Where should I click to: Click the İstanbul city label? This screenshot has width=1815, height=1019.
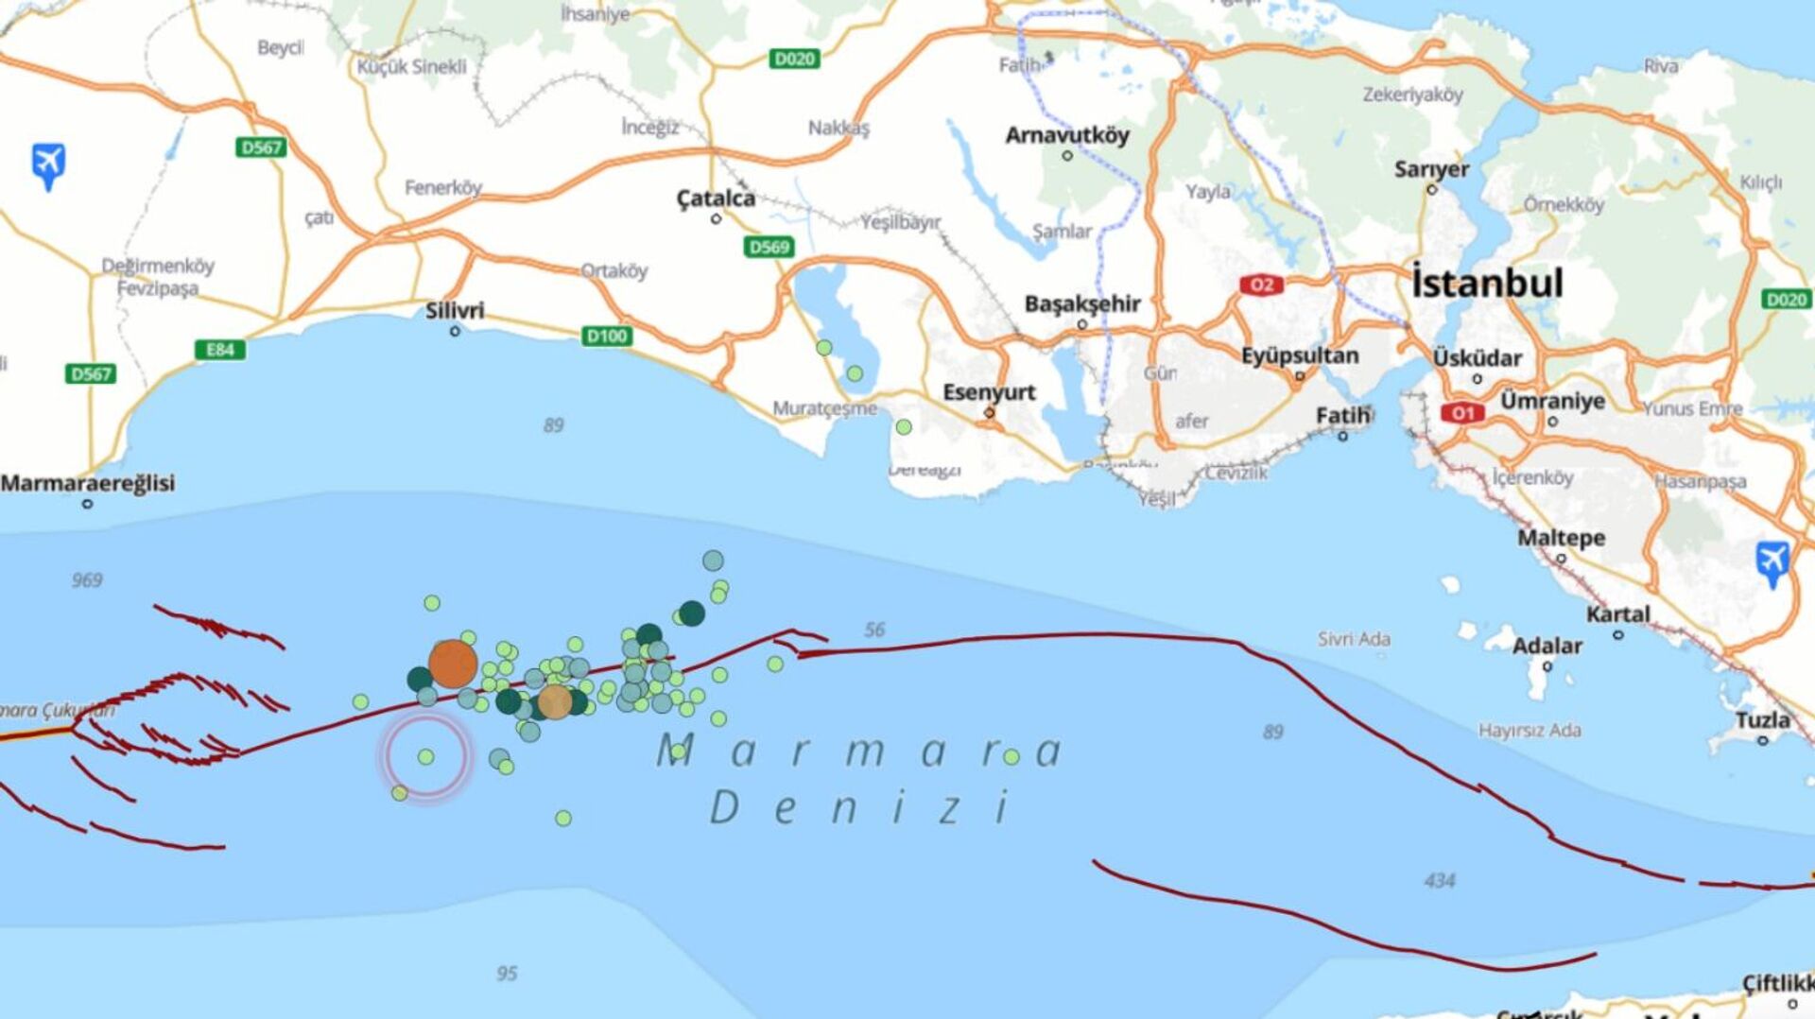(1487, 283)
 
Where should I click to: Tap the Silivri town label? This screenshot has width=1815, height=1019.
(455, 311)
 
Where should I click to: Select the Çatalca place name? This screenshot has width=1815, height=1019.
(716, 199)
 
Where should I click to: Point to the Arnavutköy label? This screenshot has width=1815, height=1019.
(1067, 135)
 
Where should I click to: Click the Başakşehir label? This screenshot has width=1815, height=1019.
(1082, 303)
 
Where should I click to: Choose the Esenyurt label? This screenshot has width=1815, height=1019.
(989, 391)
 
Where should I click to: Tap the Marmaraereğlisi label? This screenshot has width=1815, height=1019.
(88, 483)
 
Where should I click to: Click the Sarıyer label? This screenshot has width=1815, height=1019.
(1431, 169)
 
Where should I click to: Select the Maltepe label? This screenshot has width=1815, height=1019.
(1561, 538)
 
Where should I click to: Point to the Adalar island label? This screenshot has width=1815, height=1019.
(1547, 647)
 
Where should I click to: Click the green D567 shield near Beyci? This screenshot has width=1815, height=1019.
(261, 147)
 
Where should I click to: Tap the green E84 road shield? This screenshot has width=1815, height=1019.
(219, 350)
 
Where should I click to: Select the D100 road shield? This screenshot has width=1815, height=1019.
(606, 336)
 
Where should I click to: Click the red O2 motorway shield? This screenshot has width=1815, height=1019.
(1262, 285)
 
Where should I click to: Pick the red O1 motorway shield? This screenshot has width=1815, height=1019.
(1462, 412)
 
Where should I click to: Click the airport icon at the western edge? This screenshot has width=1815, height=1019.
(48, 164)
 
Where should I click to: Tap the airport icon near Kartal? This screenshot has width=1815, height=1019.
(1772, 561)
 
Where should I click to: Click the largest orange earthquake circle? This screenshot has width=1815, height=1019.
(453, 664)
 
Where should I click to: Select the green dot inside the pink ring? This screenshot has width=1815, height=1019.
(426, 757)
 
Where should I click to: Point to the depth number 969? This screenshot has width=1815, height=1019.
(87, 580)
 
